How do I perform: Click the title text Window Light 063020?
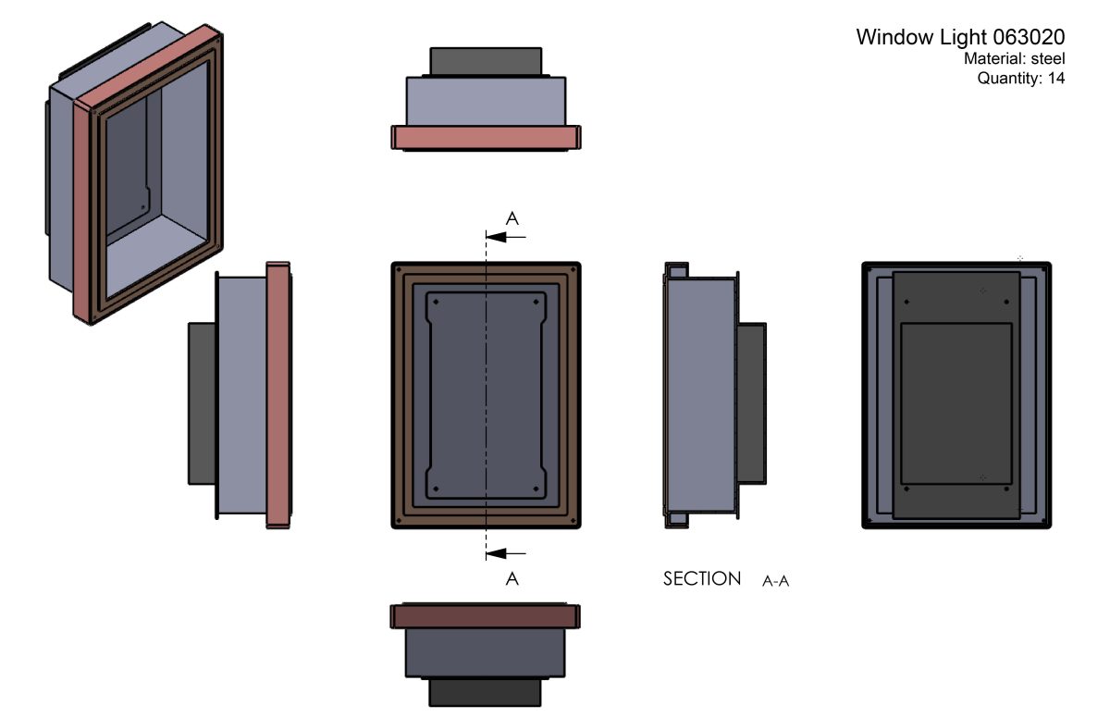pyautogui.click(x=960, y=37)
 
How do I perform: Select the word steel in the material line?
pyautogui.click(x=1047, y=59)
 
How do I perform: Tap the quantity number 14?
pyautogui.click(x=1056, y=79)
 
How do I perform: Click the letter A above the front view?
pyautogui.click(x=512, y=218)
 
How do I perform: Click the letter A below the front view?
pyautogui.click(x=512, y=579)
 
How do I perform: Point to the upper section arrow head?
pyautogui.click(x=496, y=238)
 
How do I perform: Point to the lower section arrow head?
pyautogui.click(x=496, y=553)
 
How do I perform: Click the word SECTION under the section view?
pyautogui.click(x=702, y=579)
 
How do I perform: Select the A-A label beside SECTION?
pyautogui.click(x=775, y=581)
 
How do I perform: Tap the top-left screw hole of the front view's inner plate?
pyautogui.click(x=436, y=302)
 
